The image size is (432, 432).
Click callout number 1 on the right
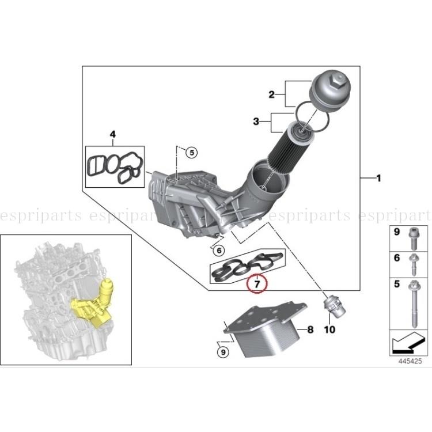[378, 179]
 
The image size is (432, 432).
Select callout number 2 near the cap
[270, 93]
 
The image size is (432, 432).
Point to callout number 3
[257, 122]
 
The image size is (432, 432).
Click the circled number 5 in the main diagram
[191, 152]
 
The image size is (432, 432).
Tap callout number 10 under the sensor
[329, 330]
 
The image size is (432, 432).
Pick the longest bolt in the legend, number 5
[415, 302]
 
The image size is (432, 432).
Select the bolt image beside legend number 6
[414, 263]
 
